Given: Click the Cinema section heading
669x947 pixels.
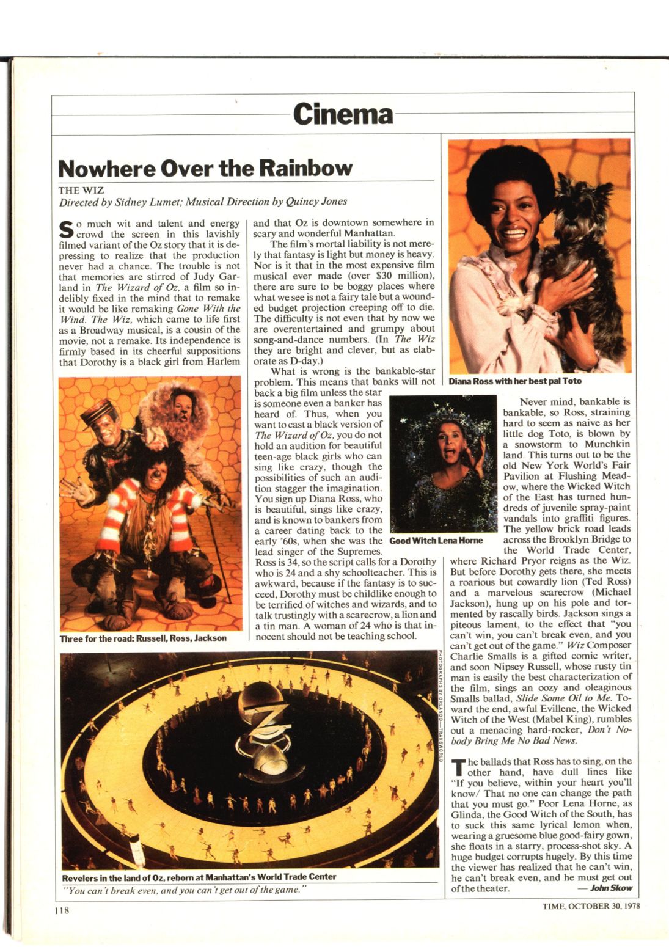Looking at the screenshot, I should pos(342,114).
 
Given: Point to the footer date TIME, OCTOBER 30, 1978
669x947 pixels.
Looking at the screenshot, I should pos(591,906).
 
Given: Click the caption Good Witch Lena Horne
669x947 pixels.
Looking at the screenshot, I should pos(436,541).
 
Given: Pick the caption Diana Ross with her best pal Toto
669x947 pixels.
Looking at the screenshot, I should pos(514,381).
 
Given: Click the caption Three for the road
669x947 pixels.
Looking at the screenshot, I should pos(143,638).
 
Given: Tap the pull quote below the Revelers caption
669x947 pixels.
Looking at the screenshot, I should pos(185,890).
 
